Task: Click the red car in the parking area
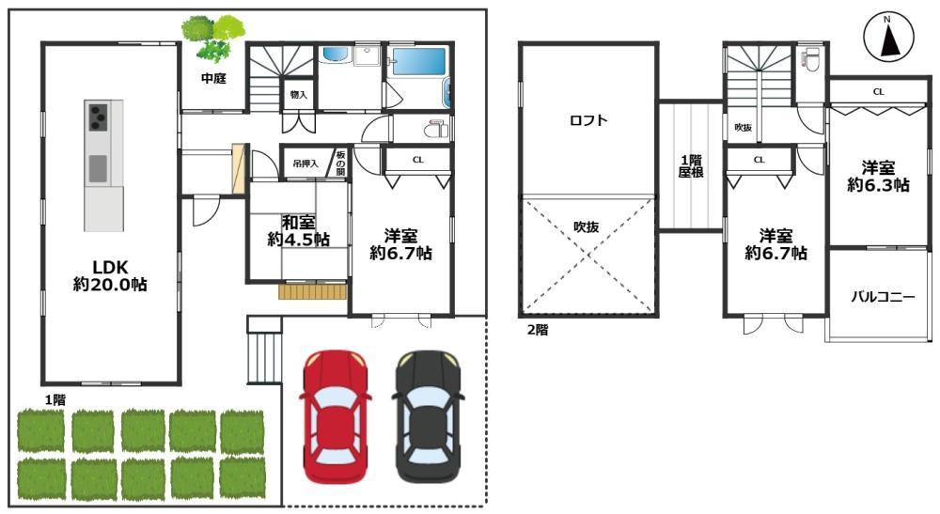(x=336, y=417)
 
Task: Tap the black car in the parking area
(x=428, y=417)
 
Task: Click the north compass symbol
(x=888, y=37)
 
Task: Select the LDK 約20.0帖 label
(x=110, y=275)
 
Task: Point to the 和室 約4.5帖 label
(x=299, y=231)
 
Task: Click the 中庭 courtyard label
(x=213, y=78)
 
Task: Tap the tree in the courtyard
(x=213, y=38)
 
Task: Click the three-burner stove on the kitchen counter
(x=98, y=117)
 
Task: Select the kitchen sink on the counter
(x=98, y=168)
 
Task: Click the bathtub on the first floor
(x=418, y=62)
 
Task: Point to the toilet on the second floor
(x=811, y=59)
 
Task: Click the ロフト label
(x=588, y=120)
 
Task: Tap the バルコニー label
(x=883, y=297)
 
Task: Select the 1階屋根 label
(x=691, y=166)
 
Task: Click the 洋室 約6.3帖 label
(x=878, y=176)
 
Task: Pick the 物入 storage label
(x=299, y=95)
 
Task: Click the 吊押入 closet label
(x=305, y=163)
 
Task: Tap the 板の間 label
(x=340, y=163)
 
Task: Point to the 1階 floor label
(x=55, y=399)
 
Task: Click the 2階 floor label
(x=538, y=330)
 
